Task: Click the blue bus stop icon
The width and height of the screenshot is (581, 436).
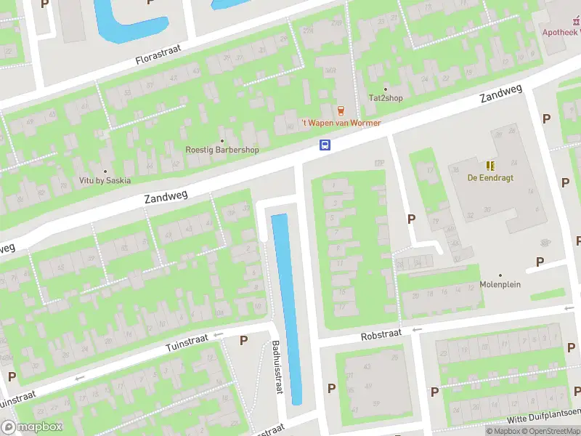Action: (x=325, y=145)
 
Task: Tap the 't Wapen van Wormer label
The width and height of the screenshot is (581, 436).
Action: (x=341, y=123)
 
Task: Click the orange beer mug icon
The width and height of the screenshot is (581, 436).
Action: (x=341, y=110)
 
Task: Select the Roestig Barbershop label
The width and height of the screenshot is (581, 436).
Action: (x=222, y=150)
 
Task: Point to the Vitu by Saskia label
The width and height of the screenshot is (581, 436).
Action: (x=105, y=179)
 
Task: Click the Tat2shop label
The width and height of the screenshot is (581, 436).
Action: (x=386, y=98)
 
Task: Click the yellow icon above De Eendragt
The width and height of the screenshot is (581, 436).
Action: (x=490, y=165)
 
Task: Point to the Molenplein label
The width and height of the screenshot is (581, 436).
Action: (x=500, y=284)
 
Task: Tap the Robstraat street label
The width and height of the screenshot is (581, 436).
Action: (x=381, y=337)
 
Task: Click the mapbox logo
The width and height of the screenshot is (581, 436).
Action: (x=32, y=427)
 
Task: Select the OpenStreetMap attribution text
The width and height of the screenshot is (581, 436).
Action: (x=543, y=431)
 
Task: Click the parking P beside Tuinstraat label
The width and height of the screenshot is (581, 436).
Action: (x=243, y=340)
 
